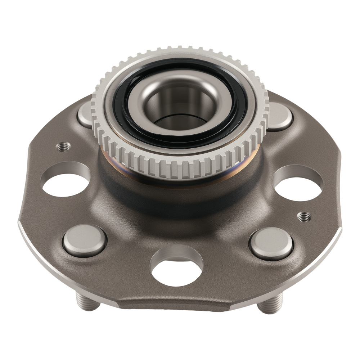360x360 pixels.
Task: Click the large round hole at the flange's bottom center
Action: [x=176, y=268]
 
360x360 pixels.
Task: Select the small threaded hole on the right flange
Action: [x=304, y=217]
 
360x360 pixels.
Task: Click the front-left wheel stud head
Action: [x=84, y=240]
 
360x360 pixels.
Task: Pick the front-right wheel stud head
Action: [x=271, y=243]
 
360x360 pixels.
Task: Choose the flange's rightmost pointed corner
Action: [x=341, y=230]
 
